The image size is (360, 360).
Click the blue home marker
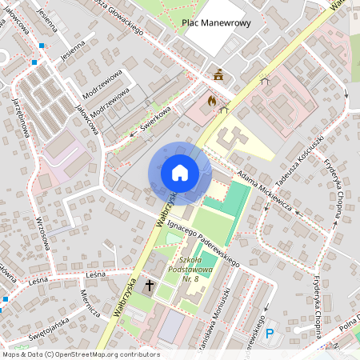pos(179,173)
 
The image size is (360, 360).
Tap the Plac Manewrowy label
pos(216,23)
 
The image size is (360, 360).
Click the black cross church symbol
pos(149,284)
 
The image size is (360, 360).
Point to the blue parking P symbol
pos(269,334)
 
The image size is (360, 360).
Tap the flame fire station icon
pos(211,102)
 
